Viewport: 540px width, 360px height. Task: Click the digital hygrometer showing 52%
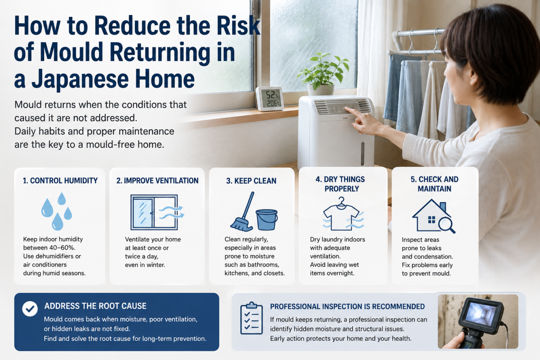(x=269, y=98)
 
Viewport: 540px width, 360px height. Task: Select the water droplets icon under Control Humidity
(x=57, y=211)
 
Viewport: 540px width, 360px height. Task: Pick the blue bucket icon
(x=267, y=219)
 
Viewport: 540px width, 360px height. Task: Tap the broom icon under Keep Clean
(x=243, y=212)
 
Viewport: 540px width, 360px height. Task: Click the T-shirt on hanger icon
(x=343, y=214)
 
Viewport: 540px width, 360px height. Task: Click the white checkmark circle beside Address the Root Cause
(x=30, y=309)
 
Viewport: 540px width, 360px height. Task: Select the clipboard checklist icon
(x=251, y=318)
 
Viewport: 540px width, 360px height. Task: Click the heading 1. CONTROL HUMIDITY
(x=60, y=181)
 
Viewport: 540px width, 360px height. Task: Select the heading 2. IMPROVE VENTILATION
(x=157, y=181)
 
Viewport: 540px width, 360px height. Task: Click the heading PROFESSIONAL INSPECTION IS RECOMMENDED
(x=347, y=306)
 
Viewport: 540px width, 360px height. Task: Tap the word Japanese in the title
(x=80, y=79)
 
